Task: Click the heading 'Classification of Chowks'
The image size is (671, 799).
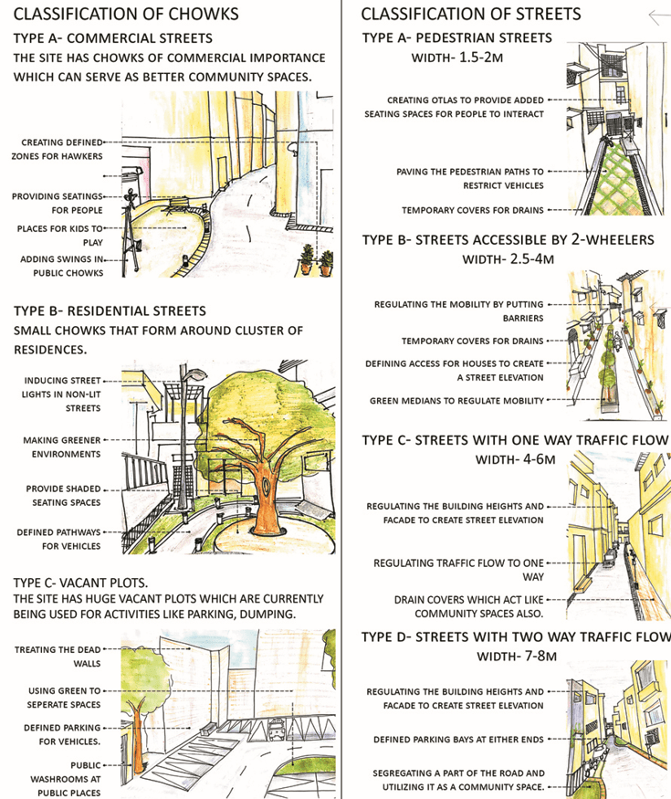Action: point(126,14)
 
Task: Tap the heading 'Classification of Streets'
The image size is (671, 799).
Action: point(471,14)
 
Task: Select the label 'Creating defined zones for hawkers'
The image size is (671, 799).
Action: point(58,150)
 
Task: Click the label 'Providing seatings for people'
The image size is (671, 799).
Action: point(58,204)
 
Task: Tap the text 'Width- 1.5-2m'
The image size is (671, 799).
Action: point(457,58)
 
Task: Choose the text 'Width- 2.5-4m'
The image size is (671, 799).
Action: point(508,259)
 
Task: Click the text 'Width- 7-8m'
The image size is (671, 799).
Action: point(517,657)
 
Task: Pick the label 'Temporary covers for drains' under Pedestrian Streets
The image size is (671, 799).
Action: point(472,210)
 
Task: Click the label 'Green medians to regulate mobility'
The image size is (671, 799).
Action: point(456,401)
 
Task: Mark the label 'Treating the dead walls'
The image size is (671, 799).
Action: point(58,657)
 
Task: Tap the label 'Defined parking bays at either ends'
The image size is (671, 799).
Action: point(458,740)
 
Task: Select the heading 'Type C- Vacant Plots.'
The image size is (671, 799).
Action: point(80,583)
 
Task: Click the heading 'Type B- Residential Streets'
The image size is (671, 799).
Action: point(110,310)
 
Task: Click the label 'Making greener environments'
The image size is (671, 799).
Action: point(62,447)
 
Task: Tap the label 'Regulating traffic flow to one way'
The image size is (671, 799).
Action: point(458,570)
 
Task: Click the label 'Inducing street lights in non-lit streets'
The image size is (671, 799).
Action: point(61,394)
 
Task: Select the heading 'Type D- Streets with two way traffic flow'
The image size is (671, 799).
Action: point(516,637)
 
